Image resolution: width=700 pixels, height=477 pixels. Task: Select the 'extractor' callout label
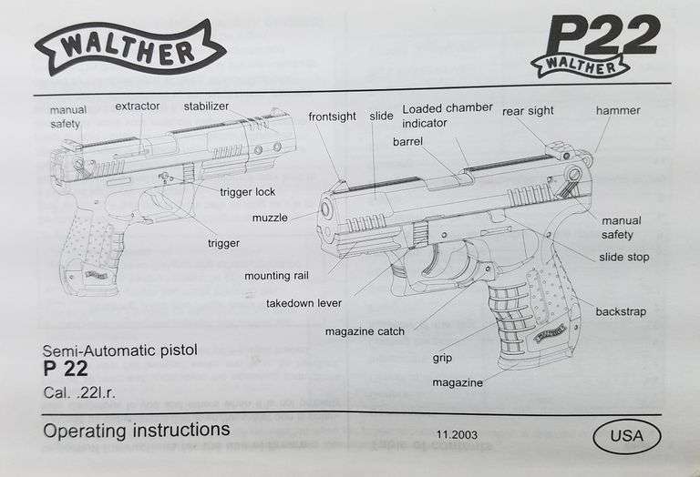(x=137, y=107)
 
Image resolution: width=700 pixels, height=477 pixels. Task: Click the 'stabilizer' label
(x=207, y=107)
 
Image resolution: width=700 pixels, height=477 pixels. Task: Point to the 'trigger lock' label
(x=247, y=192)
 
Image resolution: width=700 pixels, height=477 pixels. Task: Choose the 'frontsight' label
(x=332, y=117)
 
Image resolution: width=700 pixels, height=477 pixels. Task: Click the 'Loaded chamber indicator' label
(x=448, y=115)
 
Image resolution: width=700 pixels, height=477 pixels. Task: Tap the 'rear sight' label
(x=528, y=111)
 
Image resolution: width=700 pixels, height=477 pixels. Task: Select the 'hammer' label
(x=618, y=111)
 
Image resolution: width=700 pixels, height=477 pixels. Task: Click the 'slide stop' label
(x=624, y=258)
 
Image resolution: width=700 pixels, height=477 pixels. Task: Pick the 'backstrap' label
(x=621, y=312)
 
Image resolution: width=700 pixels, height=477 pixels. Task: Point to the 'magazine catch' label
(x=365, y=331)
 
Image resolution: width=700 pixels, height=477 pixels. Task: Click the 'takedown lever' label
(x=304, y=303)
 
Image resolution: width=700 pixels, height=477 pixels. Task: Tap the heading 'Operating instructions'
(x=137, y=430)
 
